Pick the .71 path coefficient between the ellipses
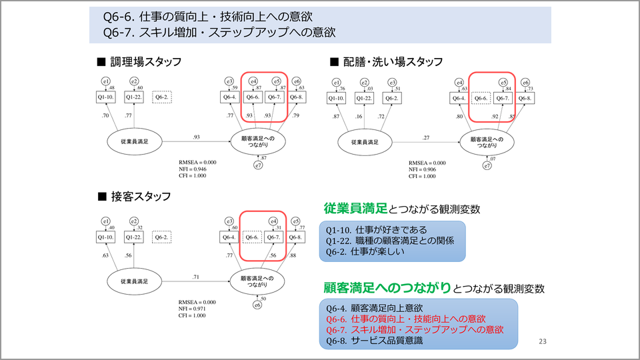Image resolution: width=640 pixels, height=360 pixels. click(195, 275)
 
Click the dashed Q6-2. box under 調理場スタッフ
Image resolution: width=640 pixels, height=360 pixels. click(162, 97)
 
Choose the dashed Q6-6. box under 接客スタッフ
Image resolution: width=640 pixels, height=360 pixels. click(252, 237)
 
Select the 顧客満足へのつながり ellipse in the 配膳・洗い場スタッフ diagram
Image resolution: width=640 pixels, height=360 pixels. click(488, 142)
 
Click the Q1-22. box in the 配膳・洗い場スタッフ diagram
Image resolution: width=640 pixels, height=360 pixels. click(364, 98)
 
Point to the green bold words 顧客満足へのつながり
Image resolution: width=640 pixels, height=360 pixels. click(387, 288)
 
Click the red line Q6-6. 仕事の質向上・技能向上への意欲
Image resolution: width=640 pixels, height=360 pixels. click(405, 319)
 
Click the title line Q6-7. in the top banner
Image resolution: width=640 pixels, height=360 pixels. click(219, 31)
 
